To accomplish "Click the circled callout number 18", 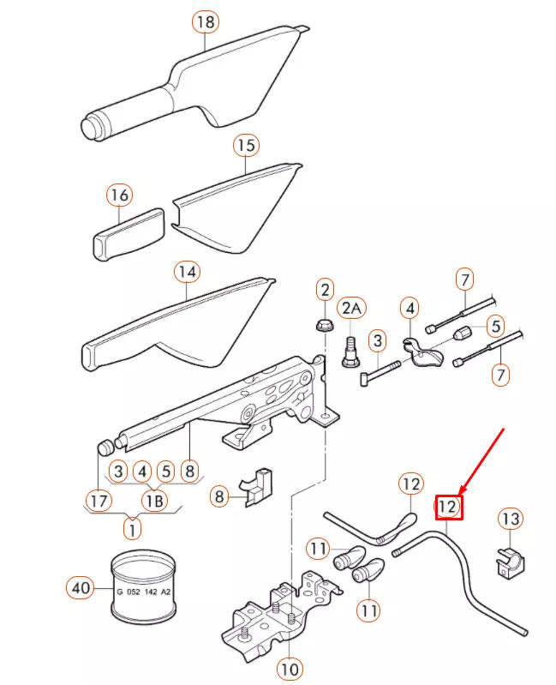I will pos(205,22).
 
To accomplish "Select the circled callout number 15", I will pos(246,146).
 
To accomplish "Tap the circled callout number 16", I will pos(119,195).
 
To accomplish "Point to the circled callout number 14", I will pos(187,273).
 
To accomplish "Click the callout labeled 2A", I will pos(352,308).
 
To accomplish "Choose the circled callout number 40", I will pos(80,587).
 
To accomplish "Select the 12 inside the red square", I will pos(448,508).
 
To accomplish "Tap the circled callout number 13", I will pos(510,519).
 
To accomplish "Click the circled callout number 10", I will pos(290,667).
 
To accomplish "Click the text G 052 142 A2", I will pos(144,591).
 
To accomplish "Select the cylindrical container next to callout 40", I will pos(145,588).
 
